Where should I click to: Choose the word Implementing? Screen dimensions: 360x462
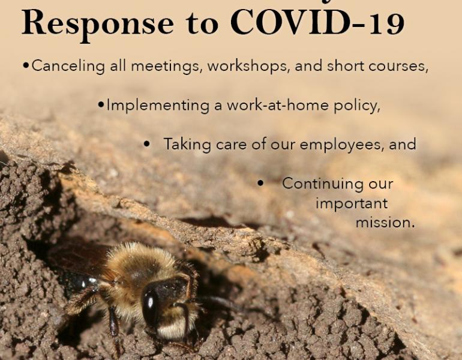pyautogui.click(x=151, y=106)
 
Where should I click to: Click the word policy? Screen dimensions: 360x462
pyautogui.click(x=358, y=106)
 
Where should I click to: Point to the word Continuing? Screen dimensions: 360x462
pyautogui.click(x=337, y=184)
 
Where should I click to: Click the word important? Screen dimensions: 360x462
pyautogui.click(x=352, y=203)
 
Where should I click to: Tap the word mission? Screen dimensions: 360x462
pyautogui.click(x=385, y=223)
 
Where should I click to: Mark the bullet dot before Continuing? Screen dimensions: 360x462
pyautogui.click(x=260, y=184)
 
